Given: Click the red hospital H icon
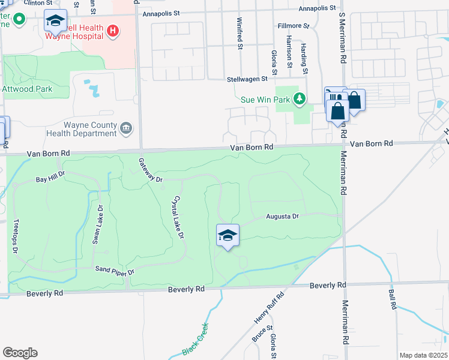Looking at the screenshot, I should pyautogui.click(x=112, y=31).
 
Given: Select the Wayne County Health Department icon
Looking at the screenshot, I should pyautogui.click(x=126, y=127).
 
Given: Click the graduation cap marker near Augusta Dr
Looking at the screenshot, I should pyautogui.click(x=228, y=235).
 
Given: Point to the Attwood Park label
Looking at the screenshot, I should pyautogui.click(x=28, y=89).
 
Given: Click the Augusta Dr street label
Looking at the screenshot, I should pyautogui.click(x=283, y=216).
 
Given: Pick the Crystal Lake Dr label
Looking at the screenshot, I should pyautogui.click(x=177, y=217).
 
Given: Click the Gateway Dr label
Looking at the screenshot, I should pyautogui.click(x=151, y=170).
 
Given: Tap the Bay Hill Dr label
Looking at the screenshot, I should pyautogui.click(x=50, y=179).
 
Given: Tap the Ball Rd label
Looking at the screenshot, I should pyautogui.click(x=393, y=299).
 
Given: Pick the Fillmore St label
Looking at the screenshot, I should pyautogui.click(x=293, y=26).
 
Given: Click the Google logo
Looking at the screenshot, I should pyautogui.click(x=20, y=353).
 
